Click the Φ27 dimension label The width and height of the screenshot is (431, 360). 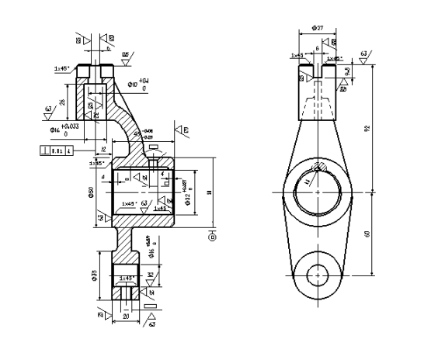318,27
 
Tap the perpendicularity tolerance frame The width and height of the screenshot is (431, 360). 57,151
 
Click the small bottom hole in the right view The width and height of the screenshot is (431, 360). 318,274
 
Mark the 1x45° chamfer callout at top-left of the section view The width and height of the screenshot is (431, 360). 64,68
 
